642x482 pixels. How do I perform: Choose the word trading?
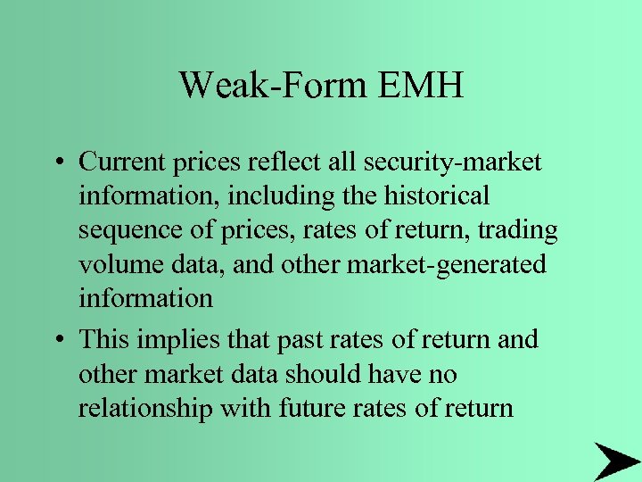pyautogui.click(x=515, y=230)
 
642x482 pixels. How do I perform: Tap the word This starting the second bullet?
pyautogui.click(x=102, y=340)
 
